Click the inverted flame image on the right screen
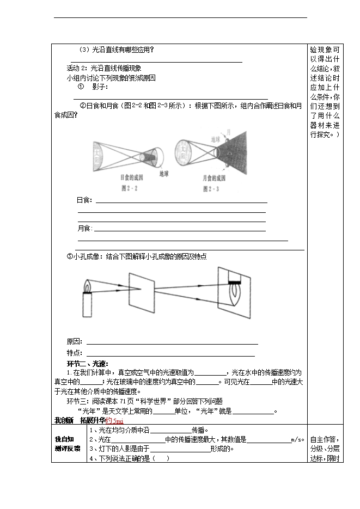[x=235, y=297]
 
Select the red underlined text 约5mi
[x=115, y=421]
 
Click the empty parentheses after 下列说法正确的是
[x=161, y=459]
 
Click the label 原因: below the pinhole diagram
[x=75, y=342]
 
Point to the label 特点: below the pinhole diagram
[x=75, y=353]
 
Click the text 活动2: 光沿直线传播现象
[x=103, y=69]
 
